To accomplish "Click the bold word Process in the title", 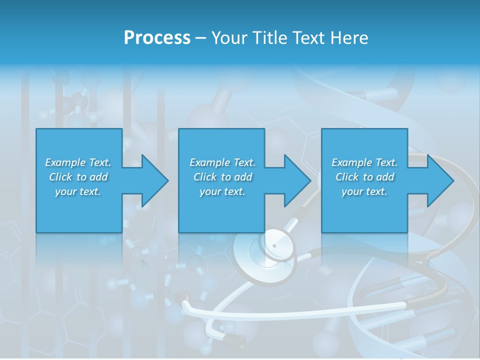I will pyautogui.click(x=157, y=38).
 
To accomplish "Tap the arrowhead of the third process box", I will pyautogui.click(x=439, y=180).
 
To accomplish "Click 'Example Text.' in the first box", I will pyautogui.click(x=78, y=162).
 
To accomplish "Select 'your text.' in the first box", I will pyautogui.click(x=78, y=191).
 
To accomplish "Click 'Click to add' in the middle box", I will pyautogui.click(x=222, y=177).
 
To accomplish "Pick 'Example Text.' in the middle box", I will pyautogui.click(x=222, y=162).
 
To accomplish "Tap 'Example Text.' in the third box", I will pyautogui.click(x=364, y=162).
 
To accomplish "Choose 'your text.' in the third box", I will pyautogui.click(x=364, y=191).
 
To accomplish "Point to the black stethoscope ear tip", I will pyautogui.click(x=234, y=340).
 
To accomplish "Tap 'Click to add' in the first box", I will pyautogui.click(x=78, y=177).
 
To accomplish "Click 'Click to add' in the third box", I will pyautogui.click(x=364, y=177).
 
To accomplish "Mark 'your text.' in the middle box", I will pyautogui.click(x=222, y=191).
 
